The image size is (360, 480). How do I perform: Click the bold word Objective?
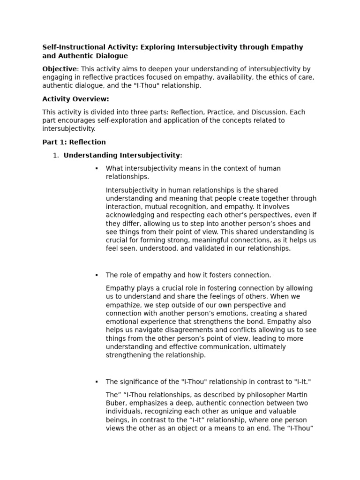(x=59, y=69)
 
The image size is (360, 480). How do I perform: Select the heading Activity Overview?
(x=75, y=99)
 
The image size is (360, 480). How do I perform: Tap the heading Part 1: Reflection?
(x=74, y=142)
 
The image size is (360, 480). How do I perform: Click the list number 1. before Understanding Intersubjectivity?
(x=56, y=155)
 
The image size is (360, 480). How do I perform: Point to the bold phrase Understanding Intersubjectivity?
(x=121, y=155)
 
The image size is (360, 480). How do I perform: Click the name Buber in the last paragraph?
(x=116, y=403)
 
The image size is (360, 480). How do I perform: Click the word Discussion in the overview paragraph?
(x=269, y=112)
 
